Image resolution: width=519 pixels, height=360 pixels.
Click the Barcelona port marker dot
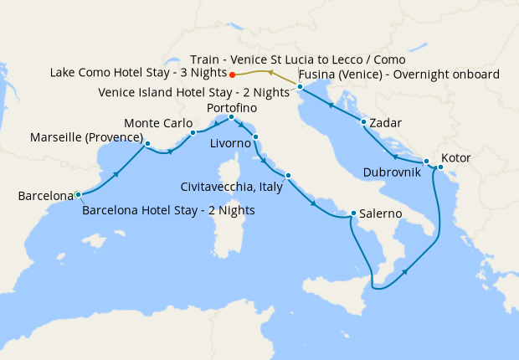click(78, 194)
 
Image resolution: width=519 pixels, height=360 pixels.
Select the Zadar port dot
click(363, 123)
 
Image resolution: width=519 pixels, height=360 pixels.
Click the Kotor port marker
click(440, 167)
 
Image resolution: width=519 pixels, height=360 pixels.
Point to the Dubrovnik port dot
click(426, 161)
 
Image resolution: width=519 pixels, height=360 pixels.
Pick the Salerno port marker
click(353, 213)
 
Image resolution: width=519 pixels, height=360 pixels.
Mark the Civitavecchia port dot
click(288, 176)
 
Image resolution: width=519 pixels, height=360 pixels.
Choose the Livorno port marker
click(256, 136)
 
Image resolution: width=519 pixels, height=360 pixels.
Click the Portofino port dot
click(231, 117)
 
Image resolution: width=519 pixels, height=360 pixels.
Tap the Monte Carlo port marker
click(193, 132)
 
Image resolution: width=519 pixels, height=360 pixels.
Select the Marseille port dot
click(146, 143)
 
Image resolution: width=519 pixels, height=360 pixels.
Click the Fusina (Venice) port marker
click(299, 85)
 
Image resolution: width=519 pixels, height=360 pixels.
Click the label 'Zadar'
click(385, 123)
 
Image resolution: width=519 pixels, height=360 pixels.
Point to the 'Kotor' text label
click(455, 157)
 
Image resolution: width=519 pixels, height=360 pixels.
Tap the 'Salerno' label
click(382, 215)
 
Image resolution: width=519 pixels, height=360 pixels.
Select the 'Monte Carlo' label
click(158, 123)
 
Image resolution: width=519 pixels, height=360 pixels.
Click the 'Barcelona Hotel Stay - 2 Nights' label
click(169, 210)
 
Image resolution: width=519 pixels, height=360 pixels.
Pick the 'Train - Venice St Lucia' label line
click(297, 60)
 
